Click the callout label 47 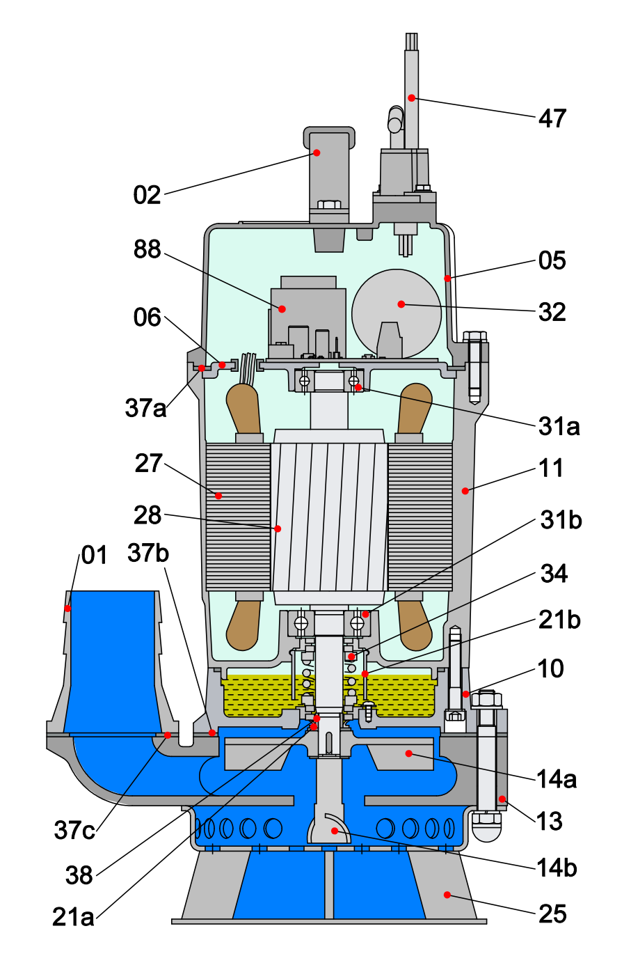(552, 118)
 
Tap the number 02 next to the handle (147, 195)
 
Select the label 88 (147, 249)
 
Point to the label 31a (559, 426)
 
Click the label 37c (74, 830)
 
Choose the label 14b (557, 868)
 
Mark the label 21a (73, 917)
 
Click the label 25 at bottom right (552, 914)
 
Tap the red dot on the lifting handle (317, 152)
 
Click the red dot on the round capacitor (401, 304)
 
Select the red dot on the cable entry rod (412, 98)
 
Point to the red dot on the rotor (278, 529)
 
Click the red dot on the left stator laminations (218, 496)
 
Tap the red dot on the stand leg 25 (447, 895)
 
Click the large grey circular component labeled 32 (397, 313)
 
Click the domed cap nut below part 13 (487, 827)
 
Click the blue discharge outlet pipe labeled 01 (111, 661)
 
